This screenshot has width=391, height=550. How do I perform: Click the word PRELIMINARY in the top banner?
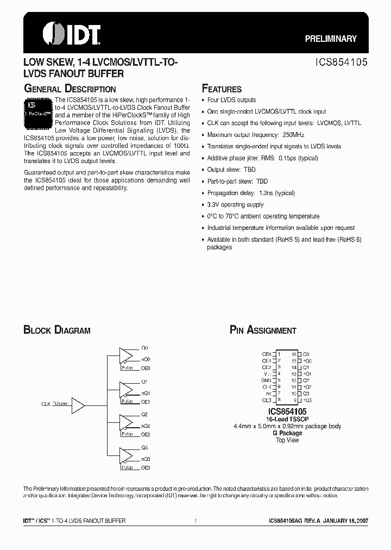click(x=330, y=39)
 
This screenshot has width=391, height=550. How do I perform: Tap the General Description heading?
click(x=70, y=89)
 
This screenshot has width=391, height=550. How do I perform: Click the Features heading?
click(x=222, y=89)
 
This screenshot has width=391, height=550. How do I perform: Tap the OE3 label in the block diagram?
click(x=145, y=468)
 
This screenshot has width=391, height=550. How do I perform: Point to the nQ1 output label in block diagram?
click(x=146, y=393)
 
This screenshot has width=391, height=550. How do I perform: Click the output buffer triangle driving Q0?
click(x=127, y=354)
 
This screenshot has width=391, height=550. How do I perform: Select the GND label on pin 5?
click(x=266, y=380)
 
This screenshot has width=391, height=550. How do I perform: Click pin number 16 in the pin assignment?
click(x=294, y=354)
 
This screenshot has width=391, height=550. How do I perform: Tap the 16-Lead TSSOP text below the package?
click(x=286, y=420)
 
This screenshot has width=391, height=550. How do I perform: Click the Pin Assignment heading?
click(x=263, y=330)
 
